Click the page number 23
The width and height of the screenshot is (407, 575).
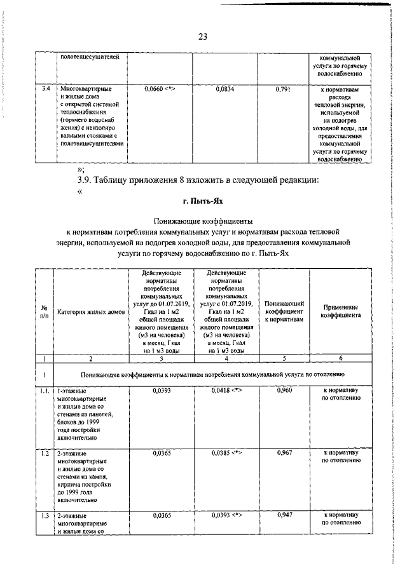click(203, 36)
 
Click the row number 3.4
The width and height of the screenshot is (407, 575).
click(45, 90)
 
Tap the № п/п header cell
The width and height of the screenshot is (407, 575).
click(45, 311)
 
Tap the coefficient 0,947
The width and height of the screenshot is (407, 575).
click(284, 515)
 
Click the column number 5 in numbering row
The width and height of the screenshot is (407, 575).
click(284, 358)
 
